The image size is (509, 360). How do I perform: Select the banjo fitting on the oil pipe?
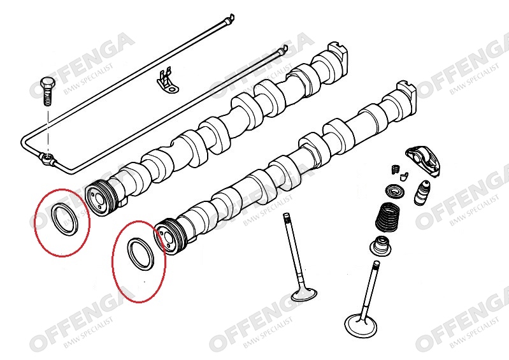pyautogui.click(x=48, y=159)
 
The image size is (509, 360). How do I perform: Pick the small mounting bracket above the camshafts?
pyautogui.click(x=168, y=80)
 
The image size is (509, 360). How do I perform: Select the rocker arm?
pyautogui.click(x=423, y=161)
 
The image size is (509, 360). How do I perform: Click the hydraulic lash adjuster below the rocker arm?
pyautogui.click(x=423, y=192)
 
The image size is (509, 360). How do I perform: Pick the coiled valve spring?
pyautogui.click(x=387, y=217)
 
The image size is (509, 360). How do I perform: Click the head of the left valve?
pyautogui.click(x=303, y=294)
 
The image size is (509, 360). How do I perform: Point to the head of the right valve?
pyautogui.click(x=361, y=324)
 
